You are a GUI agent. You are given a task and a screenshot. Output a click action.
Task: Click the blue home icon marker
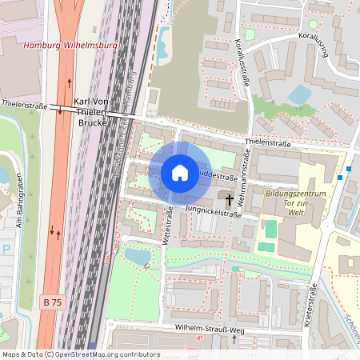180,172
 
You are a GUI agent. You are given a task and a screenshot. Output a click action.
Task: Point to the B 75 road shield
51,302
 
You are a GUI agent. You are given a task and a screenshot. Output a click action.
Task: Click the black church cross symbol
230,198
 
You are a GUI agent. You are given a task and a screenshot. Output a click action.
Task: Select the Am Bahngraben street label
18,209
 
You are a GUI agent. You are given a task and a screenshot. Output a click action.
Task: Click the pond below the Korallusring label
300,94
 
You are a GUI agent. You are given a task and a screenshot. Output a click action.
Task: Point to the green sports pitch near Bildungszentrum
271,228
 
